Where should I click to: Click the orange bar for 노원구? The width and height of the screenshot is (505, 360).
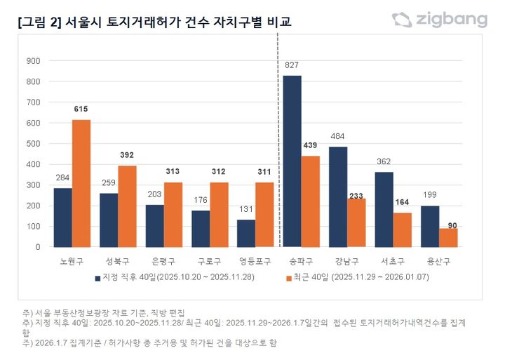click(x=81, y=183)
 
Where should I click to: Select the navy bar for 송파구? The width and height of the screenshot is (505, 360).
click(x=292, y=161)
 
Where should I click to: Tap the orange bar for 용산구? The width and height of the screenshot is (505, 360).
click(x=448, y=237)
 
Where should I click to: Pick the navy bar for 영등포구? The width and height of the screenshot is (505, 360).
click(x=246, y=233)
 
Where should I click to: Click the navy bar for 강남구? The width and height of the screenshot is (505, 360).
click(x=338, y=196)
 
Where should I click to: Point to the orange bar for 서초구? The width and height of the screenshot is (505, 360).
click(x=403, y=229)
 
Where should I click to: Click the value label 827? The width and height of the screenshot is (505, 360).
click(x=292, y=65)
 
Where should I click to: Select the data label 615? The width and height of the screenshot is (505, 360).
click(x=81, y=109)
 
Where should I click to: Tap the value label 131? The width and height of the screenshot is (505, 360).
click(x=246, y=209)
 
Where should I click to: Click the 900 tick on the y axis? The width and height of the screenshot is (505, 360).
click(x=34, y=61)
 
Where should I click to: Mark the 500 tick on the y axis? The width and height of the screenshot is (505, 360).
click(x=34, y=144)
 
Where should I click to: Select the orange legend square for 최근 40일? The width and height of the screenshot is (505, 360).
click(x=288, y=278)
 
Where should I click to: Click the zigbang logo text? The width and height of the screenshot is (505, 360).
click(x=450, y=20)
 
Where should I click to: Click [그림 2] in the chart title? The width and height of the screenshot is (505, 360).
click(x=39, y=22)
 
